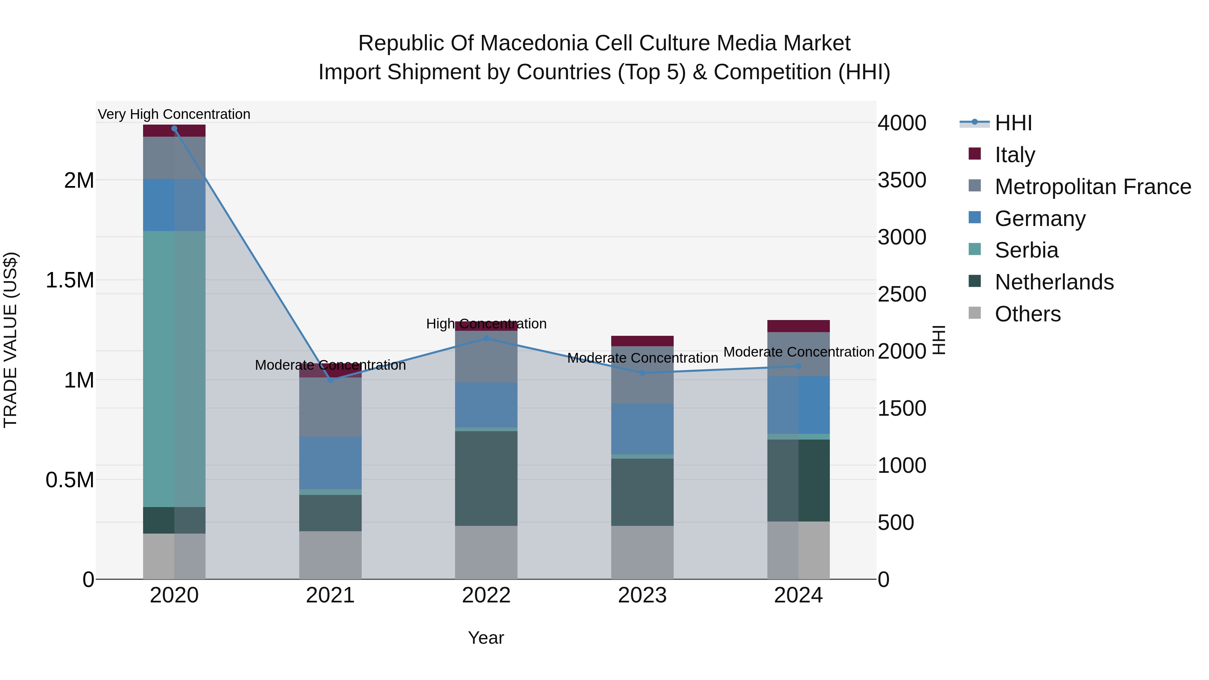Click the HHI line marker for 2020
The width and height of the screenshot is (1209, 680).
(174, 129)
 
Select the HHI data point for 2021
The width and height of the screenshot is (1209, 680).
(330, 380)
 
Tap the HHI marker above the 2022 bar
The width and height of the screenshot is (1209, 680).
(486, 338)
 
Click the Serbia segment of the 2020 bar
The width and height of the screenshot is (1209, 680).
(174, 368)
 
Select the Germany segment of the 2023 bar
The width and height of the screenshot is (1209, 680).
(642, 428)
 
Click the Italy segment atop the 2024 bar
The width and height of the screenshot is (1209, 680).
(798, 326)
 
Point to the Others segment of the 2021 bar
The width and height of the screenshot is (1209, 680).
(330, 555)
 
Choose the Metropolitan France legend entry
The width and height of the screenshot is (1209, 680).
(1092, 187)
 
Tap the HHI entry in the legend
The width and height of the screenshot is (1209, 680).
(1013, 123)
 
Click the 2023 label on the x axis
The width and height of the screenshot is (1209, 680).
(642, 595)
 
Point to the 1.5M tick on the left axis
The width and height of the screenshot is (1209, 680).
(70, 280)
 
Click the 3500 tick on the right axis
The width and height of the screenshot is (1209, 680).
(902, 180)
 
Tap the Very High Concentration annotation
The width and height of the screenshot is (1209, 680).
(174, 114)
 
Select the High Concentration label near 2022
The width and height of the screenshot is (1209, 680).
(486, 323)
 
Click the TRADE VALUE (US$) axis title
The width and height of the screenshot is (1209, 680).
(10, 340)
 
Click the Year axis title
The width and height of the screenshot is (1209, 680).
(486, 638)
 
